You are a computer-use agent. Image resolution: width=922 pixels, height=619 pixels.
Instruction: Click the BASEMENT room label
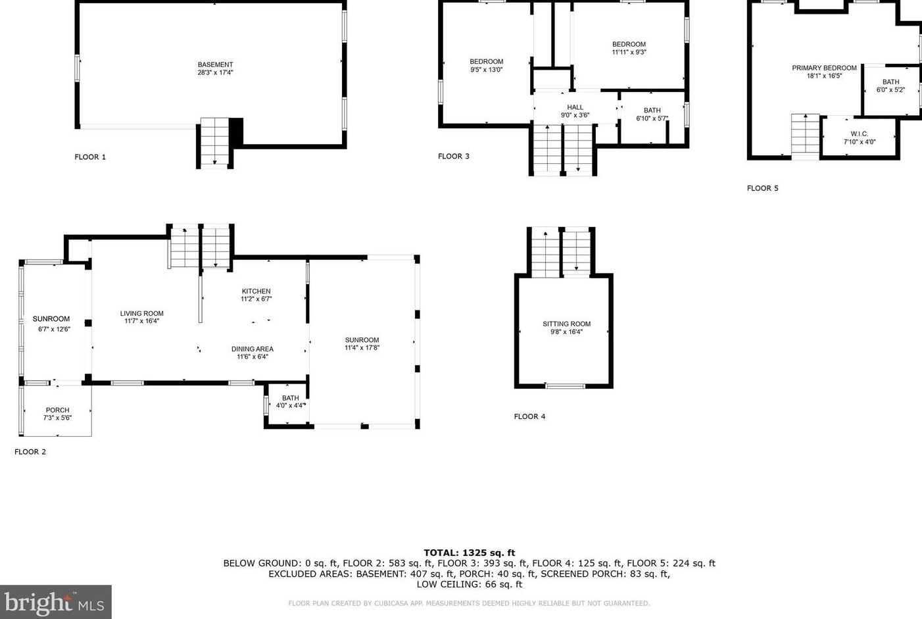tap(215, 64)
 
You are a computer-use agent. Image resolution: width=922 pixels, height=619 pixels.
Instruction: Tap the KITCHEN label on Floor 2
tap(256, 291)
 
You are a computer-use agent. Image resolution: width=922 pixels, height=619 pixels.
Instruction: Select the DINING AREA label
tap(253, 349)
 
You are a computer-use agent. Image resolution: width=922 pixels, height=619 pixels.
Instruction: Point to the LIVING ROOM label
tap(141, 313)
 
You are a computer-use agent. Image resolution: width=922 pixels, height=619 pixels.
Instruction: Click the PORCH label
tap(58, 410)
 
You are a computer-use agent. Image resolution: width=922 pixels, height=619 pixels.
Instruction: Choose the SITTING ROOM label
tap(566, 324)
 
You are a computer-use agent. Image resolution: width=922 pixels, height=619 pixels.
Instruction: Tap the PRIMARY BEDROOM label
tap(824, 68)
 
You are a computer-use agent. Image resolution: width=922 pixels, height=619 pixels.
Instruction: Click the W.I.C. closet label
tap(860, 134)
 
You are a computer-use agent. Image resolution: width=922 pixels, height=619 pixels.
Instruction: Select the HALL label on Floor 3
tap(575, 107)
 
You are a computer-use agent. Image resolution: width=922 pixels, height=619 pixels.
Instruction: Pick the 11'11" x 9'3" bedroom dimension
tap(629, 53)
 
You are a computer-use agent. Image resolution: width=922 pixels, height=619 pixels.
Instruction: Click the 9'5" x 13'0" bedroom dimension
tap(487, 70)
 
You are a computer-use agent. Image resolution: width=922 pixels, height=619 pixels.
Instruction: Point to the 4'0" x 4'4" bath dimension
tap(291, 406)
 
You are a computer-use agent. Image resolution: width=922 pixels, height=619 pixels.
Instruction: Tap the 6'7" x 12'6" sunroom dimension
tap(54, 329)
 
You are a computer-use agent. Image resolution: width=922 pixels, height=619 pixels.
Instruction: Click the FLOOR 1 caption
tap(90, 157)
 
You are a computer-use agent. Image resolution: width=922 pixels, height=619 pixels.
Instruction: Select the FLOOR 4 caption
tap(530, 416)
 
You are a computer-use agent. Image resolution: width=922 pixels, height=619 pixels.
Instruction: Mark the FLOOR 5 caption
tap(763, 188)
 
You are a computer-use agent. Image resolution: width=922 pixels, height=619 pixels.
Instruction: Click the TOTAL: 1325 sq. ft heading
tap(470, 553)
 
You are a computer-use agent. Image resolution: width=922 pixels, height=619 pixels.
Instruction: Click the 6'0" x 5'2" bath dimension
tap(890, 89)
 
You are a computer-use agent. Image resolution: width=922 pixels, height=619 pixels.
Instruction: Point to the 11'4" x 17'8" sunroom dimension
tap(362, 348)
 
